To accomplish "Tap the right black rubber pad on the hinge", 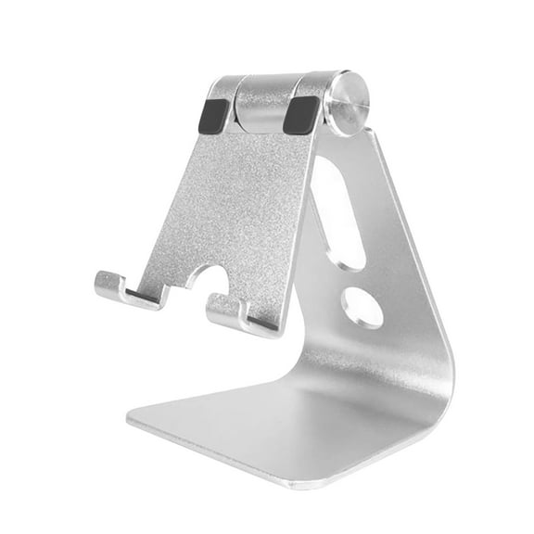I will [x=300, y=115].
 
